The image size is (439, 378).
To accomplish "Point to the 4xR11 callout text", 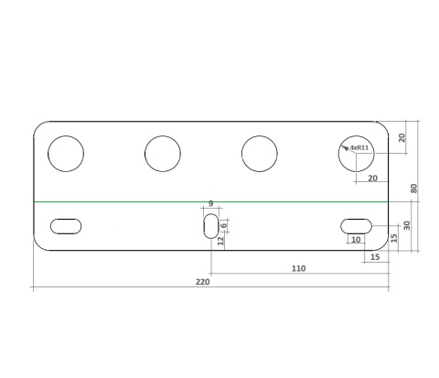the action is tap(359, 148).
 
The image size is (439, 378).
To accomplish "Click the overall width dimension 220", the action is tap(203, 282).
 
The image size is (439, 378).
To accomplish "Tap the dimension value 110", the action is tap(298, 268).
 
